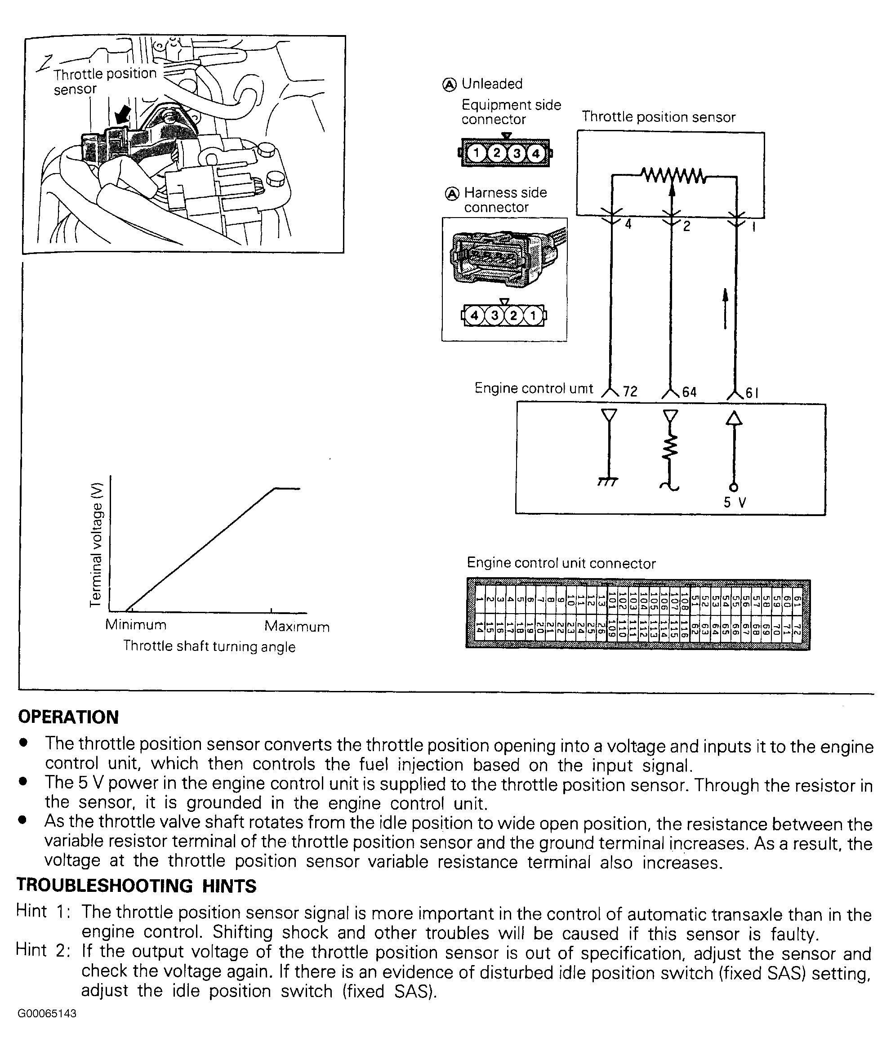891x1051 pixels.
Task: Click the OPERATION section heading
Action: click(68, 717)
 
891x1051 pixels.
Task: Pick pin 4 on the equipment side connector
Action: click(536, 153)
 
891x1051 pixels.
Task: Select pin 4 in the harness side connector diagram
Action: click(474, 316)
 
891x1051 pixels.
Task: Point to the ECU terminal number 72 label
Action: click(630, 392)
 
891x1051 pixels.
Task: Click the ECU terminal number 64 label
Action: click(689, 392)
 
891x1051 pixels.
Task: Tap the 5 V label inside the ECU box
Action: click(735, 503)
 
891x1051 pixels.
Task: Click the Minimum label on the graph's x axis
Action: click(135, 625)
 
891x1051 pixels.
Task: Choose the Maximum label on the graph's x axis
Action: click(297, 627)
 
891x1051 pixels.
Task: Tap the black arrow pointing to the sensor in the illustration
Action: click(122, 115)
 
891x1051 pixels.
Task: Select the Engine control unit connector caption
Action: click(561, 563)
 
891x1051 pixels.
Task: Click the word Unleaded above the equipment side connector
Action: click(491, 84)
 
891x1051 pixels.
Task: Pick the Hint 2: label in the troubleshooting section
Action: click(43, 950)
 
